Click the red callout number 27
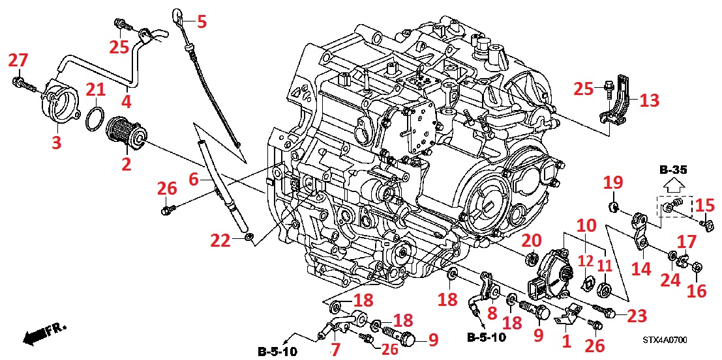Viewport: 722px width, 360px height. [x=18, y=61]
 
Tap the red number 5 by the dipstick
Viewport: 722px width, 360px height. [x=202, y=22]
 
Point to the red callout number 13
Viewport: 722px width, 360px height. [x=649, y=100]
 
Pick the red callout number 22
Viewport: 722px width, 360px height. [x=220, y=241]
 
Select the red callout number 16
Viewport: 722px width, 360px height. [x=697, y=290]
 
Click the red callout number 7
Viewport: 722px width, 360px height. [x=335, y=349]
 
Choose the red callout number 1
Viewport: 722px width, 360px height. [x=565, y=340]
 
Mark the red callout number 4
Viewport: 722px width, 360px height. [x=125, y=102]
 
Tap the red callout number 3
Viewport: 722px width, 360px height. [x=57, y=142]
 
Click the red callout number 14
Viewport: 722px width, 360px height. [x=643, y=268]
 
